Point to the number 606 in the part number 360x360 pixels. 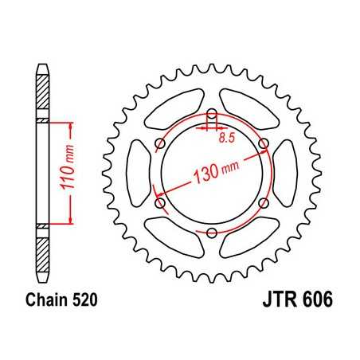point(312,301)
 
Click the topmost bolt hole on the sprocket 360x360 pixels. point(212,113)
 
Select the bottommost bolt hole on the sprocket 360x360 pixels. point(212,233)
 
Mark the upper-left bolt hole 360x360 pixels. point(160,143)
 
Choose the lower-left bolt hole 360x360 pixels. point(160,203)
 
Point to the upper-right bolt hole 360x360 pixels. point(264,143)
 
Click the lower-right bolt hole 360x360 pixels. point(264,203)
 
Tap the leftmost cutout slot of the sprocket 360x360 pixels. point(138,173)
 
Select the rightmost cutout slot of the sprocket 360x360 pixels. point(286,173)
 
